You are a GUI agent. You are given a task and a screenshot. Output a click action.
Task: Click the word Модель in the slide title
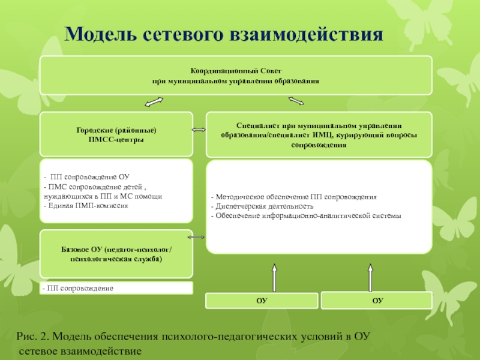(x=100, y=34)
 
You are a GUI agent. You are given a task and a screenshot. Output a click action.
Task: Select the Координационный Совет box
(x=236, y=75)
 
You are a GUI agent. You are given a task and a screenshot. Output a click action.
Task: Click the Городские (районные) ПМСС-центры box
(x=116, y=134)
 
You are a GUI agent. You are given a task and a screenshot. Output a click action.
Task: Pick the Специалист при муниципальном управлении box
(x=319, y=134)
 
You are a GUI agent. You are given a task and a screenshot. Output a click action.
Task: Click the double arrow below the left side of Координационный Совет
(x=155, y=103)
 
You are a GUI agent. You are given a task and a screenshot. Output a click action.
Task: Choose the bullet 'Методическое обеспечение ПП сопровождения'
(x=293, y=197)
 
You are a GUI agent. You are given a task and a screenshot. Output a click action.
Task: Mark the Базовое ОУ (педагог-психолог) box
(x=116, y=253)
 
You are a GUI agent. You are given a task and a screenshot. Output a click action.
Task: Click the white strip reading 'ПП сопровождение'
(x=116, y=289)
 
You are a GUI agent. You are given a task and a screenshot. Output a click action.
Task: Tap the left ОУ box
(x=262, y=300)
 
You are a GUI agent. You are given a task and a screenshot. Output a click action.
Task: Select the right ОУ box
(x=377, y=300)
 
